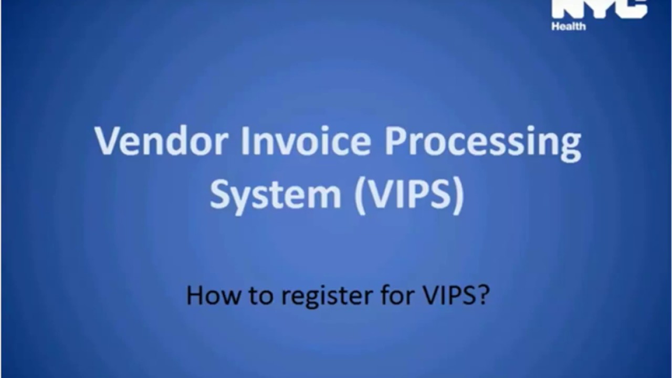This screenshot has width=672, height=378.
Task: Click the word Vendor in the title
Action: click(x=161, y=141)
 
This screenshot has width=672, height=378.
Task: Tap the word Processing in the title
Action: click(x=483, y=143)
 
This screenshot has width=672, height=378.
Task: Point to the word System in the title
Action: click(x=276, y=195)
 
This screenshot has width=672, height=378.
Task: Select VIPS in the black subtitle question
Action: click(x=447, y=296)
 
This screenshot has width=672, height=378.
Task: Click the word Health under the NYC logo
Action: click(x=568, y=26)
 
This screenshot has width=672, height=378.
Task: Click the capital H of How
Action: click(x=196, y=296)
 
